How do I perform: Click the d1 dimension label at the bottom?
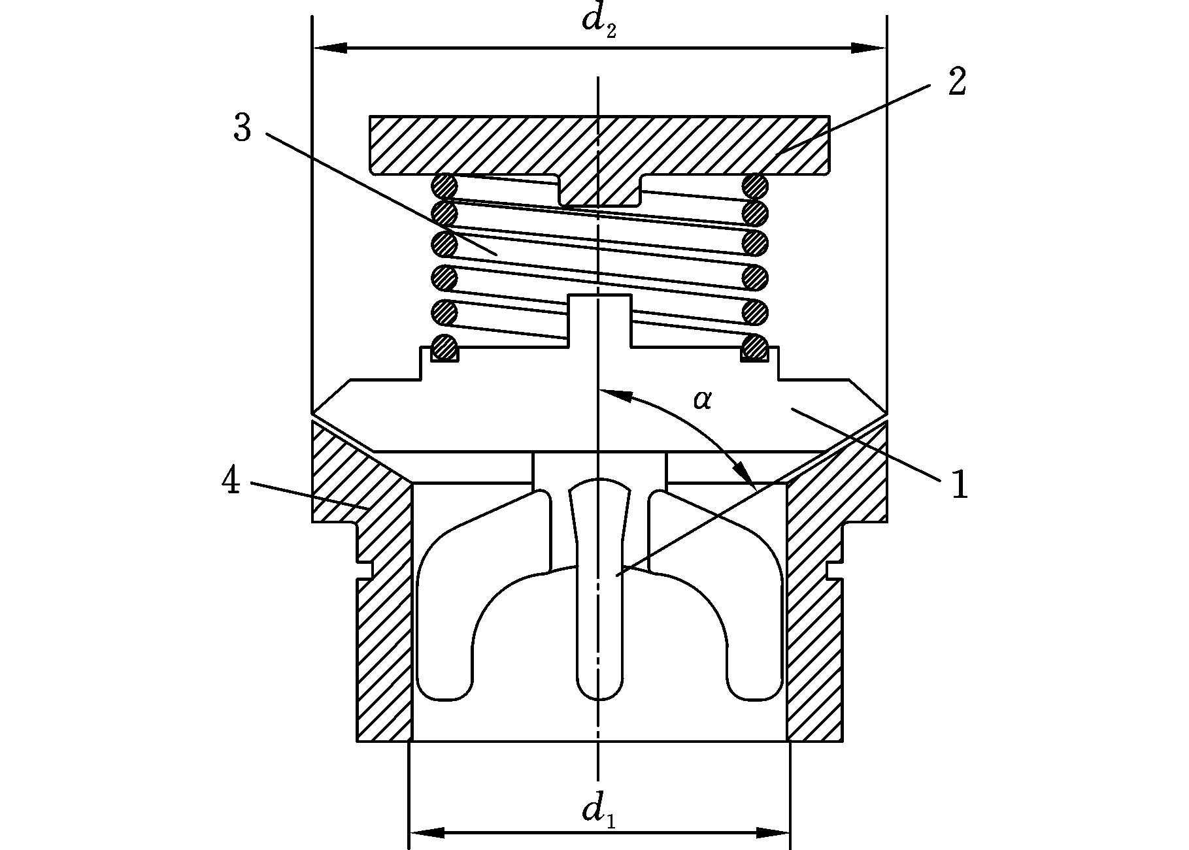click(x=599, y=813)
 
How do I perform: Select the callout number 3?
click(x=242, y=128)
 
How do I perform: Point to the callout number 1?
click(x=959, y=486)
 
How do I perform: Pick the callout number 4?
click(x=231, y=482)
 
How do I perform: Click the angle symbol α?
click(x=702, y=399)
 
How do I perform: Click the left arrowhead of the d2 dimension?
click(x=330, y=48)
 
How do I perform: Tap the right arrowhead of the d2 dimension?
click(x=869, y=48)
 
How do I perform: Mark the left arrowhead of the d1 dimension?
click(x=427, y=832)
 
